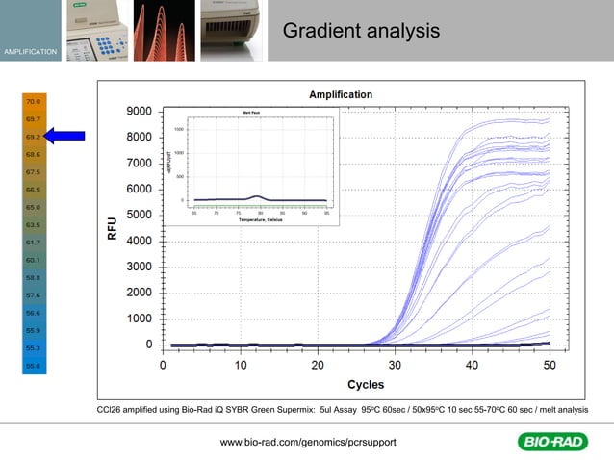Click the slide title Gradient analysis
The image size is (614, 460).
click(x=361, y=32)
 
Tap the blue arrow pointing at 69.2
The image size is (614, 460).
click(x=64, y=137)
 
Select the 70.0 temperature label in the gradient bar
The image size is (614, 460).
click(x=33, y=101)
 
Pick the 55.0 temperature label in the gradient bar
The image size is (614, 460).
click(x=33, y=366)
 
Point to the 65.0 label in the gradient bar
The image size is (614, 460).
click(x=33, y=207)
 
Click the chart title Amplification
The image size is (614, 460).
click(x=340, y=94)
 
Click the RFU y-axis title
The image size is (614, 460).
click(x=113, y=228)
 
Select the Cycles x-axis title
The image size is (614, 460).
click(x=365, y=385)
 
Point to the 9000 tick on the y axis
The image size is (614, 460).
click(x=139, y=112)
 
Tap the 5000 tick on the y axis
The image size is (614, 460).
click(x=139, y=215)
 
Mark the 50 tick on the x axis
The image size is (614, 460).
click(x=550, y=366)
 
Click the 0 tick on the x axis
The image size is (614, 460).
click(x=163, y=366)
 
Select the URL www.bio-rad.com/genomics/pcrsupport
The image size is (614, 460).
click(x=308, y=442)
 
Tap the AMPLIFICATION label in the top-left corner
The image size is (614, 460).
click(x=30, y=50)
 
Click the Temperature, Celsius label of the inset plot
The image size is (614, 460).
click(x=261, y=220)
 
